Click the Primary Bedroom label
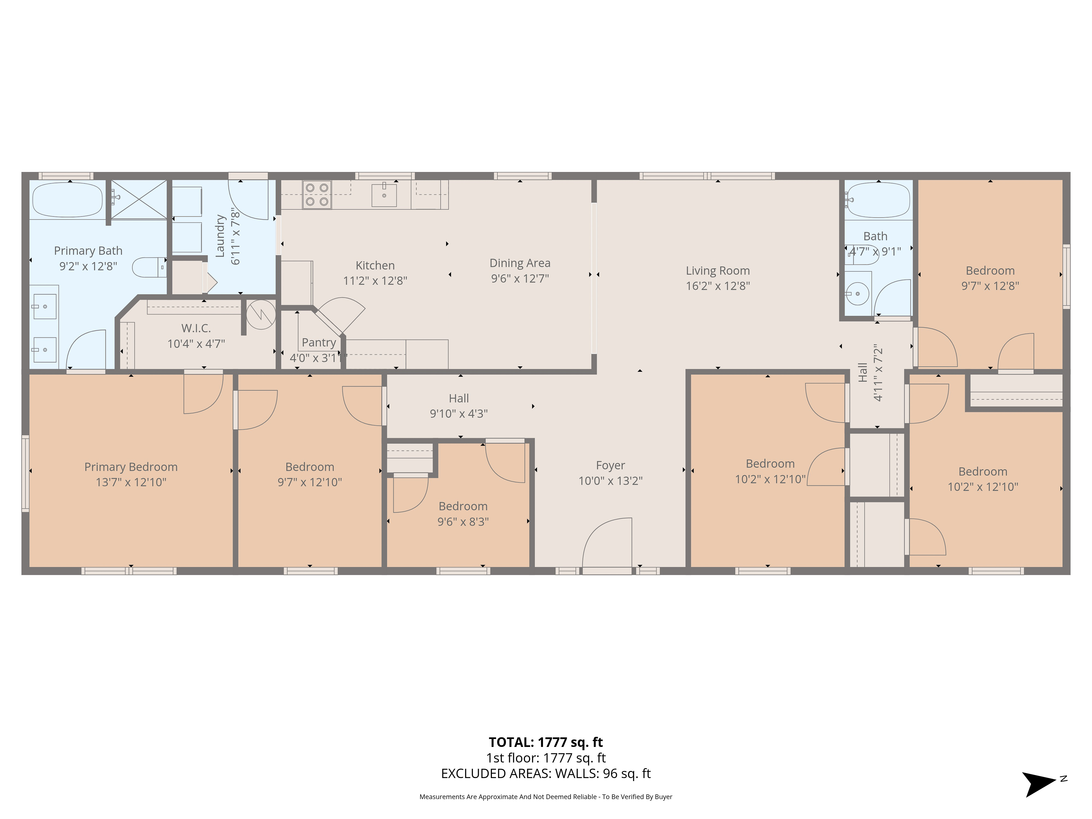[131, 467]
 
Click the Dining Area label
[520, 263]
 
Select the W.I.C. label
[196, 328]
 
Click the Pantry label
[318, 343]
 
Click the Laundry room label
[220, 236]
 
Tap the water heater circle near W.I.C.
[261, 314]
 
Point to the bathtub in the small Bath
[878, 200]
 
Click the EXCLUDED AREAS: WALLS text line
[545, 774]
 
